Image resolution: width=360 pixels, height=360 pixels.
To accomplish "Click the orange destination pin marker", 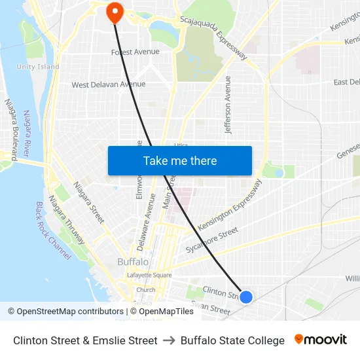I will click(x=115, y=11).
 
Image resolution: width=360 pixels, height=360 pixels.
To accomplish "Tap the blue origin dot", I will click(x=246, y=297).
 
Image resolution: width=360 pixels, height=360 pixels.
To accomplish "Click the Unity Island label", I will click(x=38, y=67).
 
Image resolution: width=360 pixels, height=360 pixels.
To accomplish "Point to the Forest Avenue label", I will click(x=135, y=52).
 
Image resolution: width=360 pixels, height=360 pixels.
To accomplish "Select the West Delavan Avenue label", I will click(x=109, y=84).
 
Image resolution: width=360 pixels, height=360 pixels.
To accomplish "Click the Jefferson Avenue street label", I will click(x=228, y=105).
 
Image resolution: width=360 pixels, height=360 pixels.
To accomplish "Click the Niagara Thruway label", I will click(x=66, y=220).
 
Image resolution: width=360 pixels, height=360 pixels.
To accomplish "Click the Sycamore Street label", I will click(x=211, y=240).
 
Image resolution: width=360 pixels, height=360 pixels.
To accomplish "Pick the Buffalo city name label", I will click(x=132, y=262).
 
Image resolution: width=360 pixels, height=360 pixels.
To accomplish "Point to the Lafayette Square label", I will click(x=149, y=275).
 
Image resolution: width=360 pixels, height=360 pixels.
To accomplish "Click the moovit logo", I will click(x=321, y=340).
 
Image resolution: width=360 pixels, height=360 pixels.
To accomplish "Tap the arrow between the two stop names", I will click(x=169, y=340).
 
